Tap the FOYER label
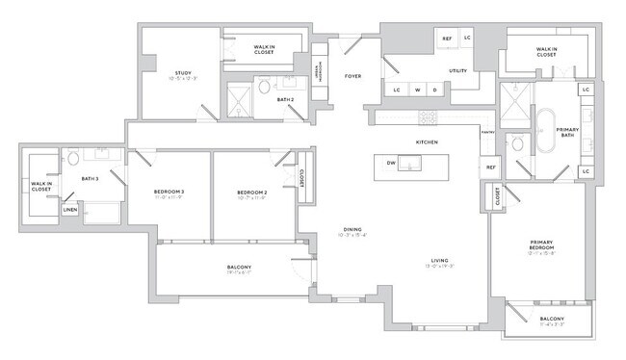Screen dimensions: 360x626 (x=352, y=75)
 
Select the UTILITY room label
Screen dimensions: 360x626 (x=457, y=71)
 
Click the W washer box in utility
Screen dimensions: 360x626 (x=417, y=90)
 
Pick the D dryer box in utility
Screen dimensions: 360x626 (x=434, y=90)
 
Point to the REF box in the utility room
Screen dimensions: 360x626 (x=447, y=39)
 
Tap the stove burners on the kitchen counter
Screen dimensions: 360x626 (x=427, y=117)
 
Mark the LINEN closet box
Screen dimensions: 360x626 (x=70, y=209)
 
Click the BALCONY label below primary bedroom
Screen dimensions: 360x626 (x=552, y=319)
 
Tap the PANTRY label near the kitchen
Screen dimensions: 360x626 (x=488, y=132)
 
